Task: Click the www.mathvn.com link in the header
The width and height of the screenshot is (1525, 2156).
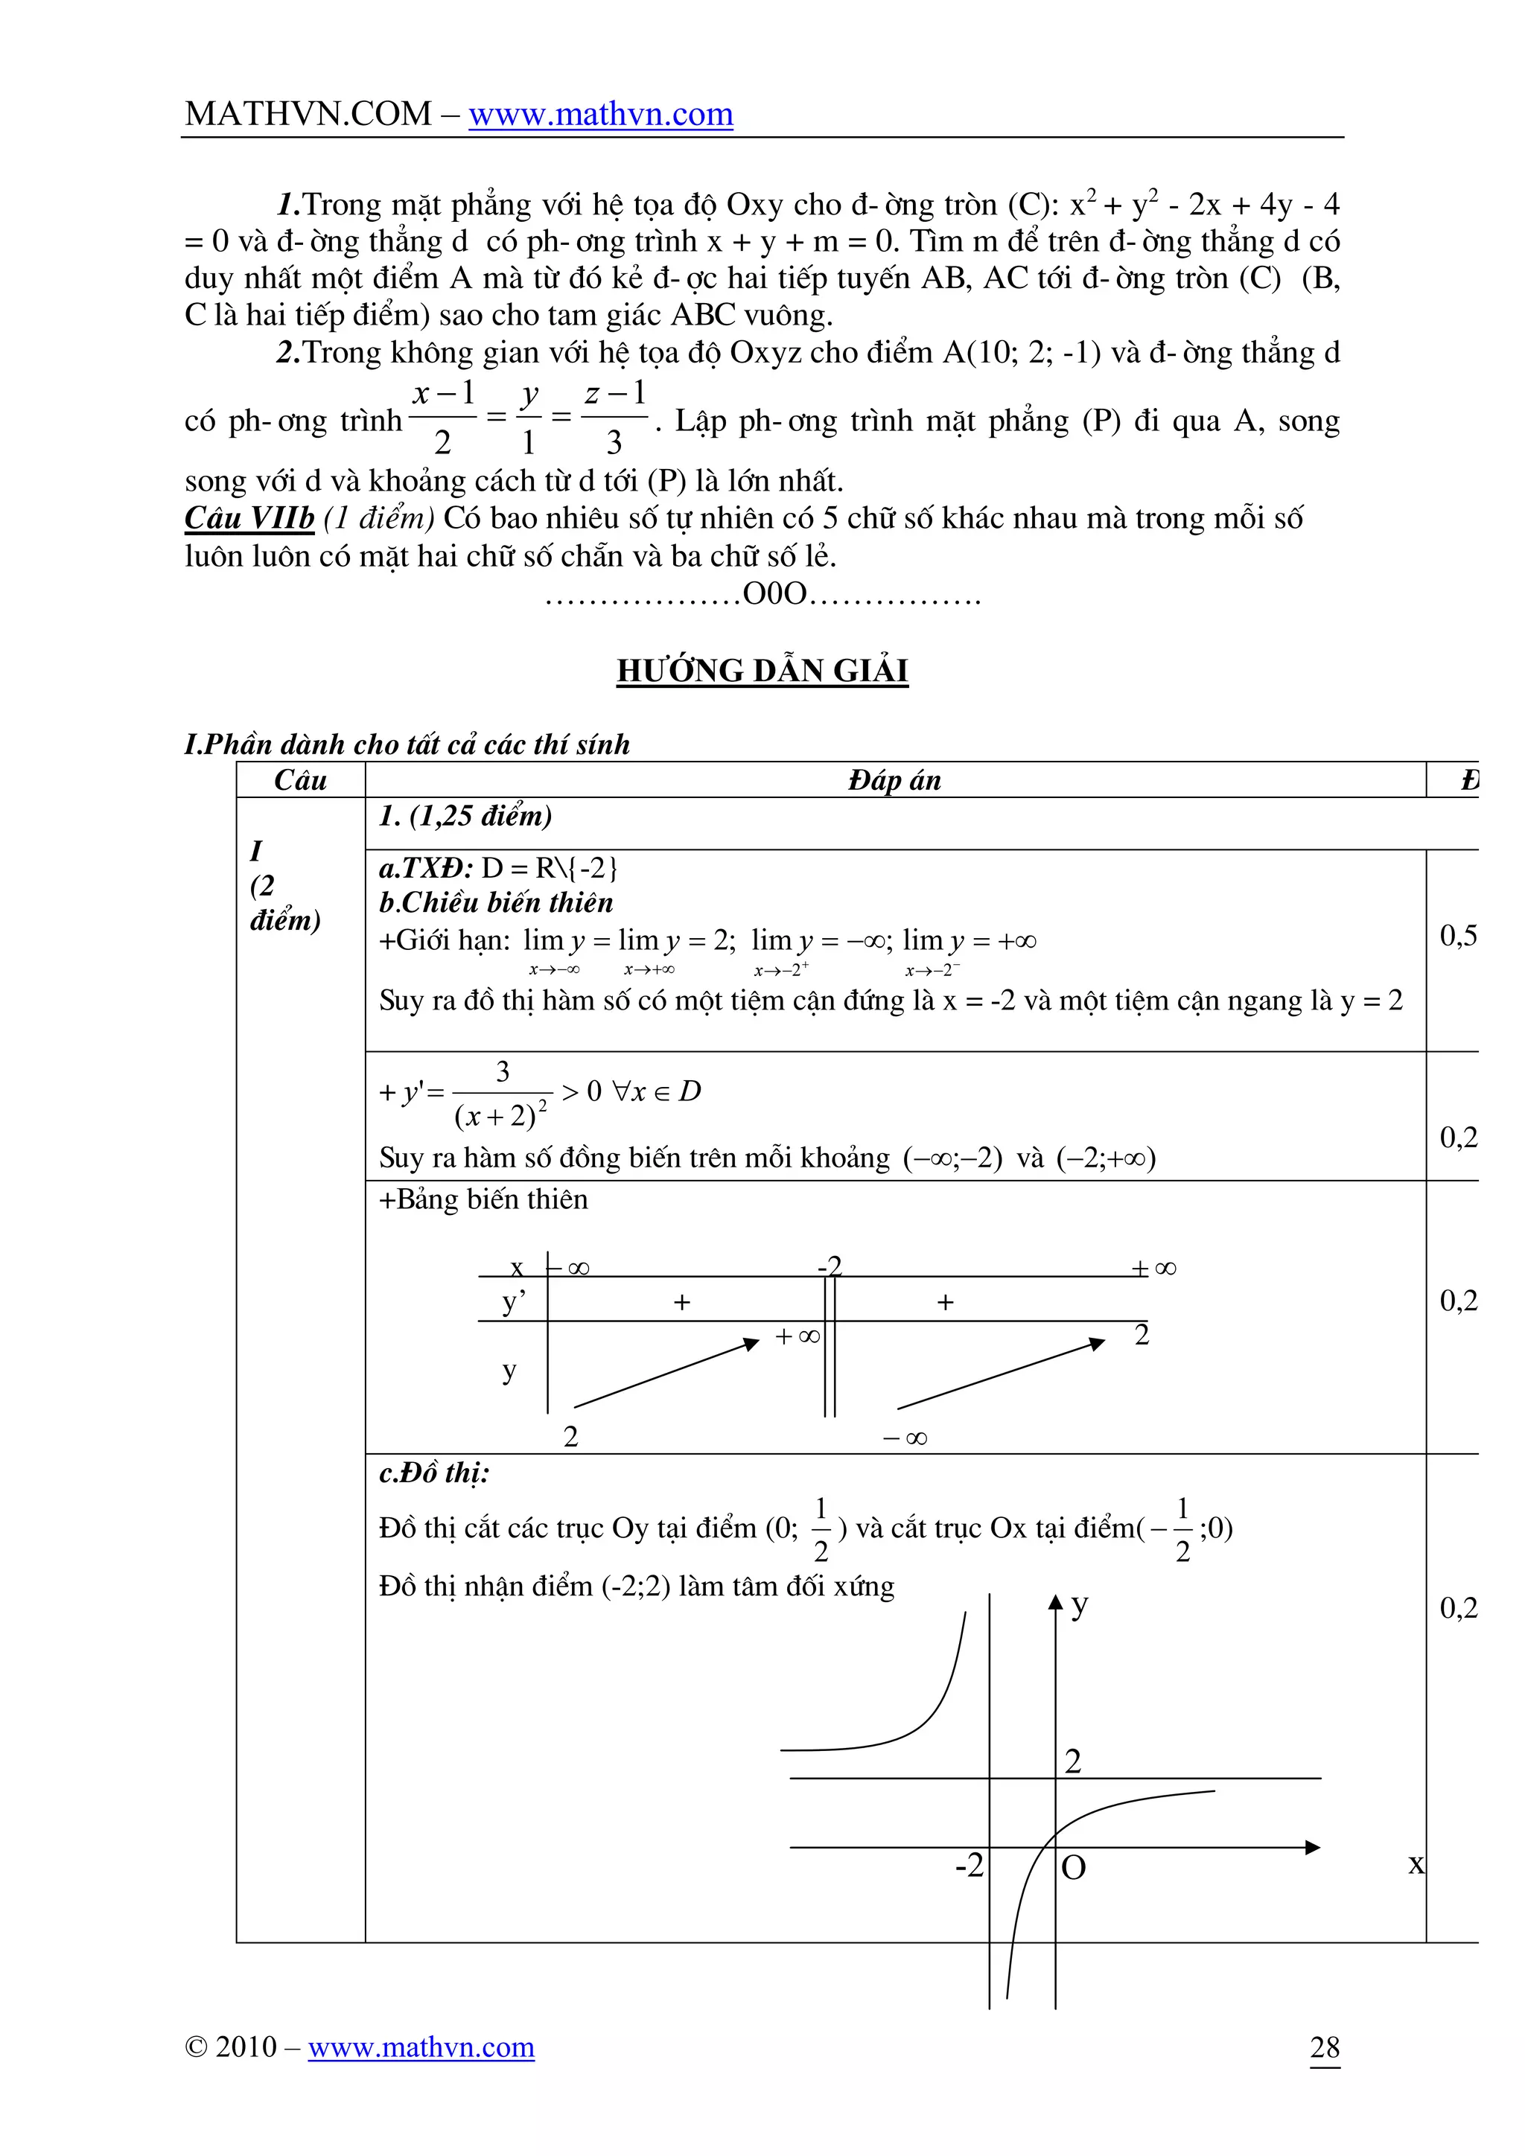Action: (x=600, y=115)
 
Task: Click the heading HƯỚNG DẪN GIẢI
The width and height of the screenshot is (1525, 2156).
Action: (x=762, y=671)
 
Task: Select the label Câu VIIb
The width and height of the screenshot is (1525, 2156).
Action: (x=249, y=518)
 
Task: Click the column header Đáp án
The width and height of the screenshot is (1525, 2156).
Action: (x=894, y=780)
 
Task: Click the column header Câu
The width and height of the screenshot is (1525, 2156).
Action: (x=301, y=780)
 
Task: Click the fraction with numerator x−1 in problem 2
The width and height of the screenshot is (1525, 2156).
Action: (x=443, y=417)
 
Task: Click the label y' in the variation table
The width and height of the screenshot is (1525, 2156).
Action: (x=514, y=1302)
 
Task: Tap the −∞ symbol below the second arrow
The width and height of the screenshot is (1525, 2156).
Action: (x=905, y=1438)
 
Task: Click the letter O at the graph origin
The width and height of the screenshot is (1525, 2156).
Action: (x=1073, y=1868)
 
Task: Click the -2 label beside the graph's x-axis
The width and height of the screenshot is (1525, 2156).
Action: (x=969, y=1865)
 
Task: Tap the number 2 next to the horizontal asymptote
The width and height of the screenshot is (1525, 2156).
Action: (x=1073, y=1761)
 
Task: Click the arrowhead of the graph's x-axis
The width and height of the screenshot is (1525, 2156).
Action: (x=1313, y=1847)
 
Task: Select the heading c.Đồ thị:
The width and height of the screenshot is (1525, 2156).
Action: (x=434, y=1473)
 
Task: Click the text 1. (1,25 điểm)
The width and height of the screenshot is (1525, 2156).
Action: (x=465, y=816)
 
